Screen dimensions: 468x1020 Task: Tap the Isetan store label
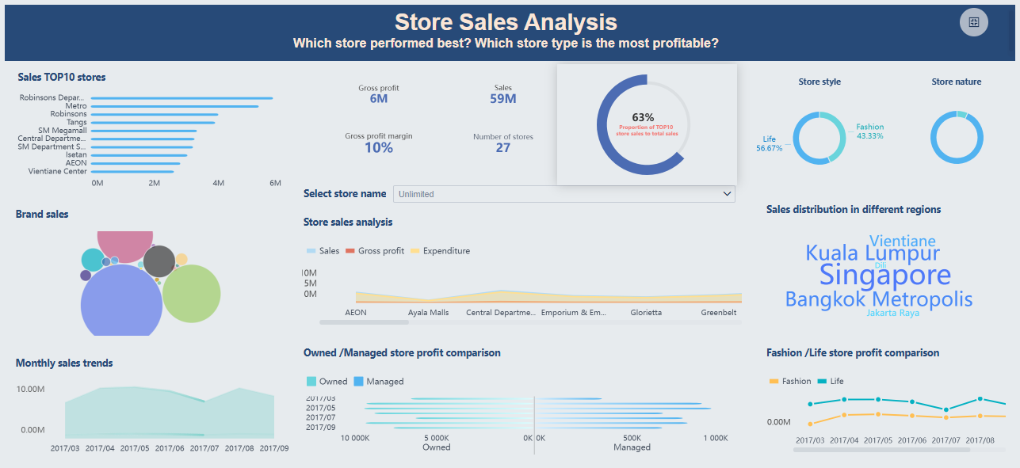(76, 154)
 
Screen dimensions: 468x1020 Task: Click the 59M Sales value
(503, 99)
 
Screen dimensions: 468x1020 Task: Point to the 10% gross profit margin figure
(379, 147)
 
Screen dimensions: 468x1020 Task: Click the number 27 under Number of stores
(503, 147)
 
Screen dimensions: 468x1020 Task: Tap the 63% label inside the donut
(643, 117)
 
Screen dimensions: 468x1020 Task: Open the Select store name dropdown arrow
(727, 194)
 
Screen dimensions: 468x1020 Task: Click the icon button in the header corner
(974, 22)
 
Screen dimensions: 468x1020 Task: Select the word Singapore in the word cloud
(884, 275)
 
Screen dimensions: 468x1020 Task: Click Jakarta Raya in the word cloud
(892, 313)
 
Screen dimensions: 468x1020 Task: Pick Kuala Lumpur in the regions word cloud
(873, 253)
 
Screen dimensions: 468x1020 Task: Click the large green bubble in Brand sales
(191, 293)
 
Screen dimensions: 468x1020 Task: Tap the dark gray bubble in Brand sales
(159, 261)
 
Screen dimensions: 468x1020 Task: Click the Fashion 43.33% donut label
(869, 131)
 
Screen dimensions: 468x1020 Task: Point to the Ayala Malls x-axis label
(428, 313)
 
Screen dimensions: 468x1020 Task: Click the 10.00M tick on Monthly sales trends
(30, 389)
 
